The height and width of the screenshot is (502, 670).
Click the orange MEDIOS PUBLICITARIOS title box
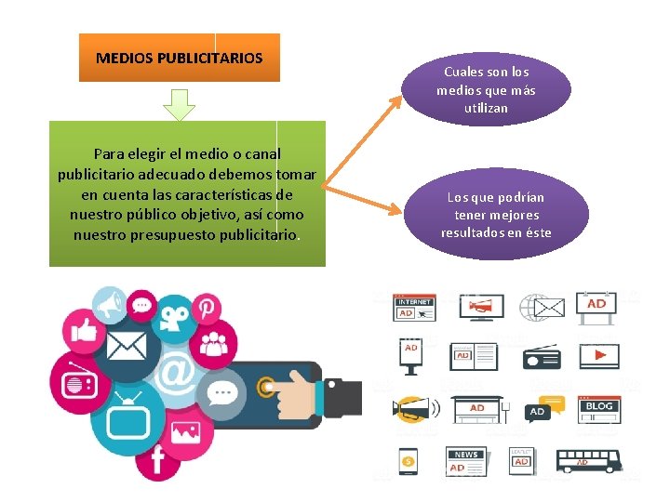click(x=179, y=58)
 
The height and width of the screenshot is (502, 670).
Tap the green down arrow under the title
click(x=179, y=104)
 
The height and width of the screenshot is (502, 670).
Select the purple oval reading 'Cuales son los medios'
click(x=486, y=90)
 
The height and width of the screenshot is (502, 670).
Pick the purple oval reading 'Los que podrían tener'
click(x=496, y=215)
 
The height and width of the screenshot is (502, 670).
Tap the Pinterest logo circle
click(x=205, y=308)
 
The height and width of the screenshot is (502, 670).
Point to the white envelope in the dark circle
click(x=126, y=346)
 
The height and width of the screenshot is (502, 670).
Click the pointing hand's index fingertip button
click(x=267, y=387)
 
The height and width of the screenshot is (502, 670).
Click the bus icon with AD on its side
click(x=588, y=460)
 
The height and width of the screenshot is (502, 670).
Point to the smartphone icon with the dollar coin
click(x=408, y=460)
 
